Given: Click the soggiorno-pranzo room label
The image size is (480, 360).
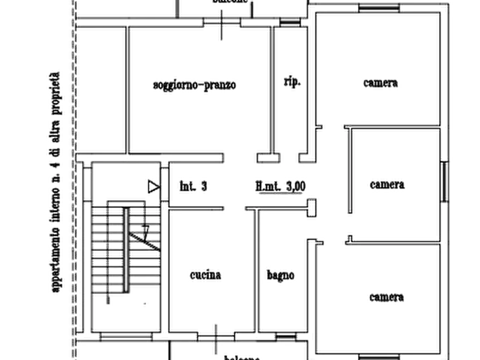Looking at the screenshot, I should pyautogui.click(x=195, y=85).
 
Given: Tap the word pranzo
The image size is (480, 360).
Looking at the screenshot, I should pyautogui.click(x=219, y=85).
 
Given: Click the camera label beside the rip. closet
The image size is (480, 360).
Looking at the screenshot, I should pyautogui.click(x=380, y=83).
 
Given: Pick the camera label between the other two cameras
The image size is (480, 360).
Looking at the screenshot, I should pyautogui.click(x=386, y=184).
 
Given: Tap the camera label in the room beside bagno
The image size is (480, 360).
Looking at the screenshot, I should pyautogui.click(x=386, y=297).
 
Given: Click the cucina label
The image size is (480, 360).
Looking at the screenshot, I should pyautogui.click(x=205, y=276).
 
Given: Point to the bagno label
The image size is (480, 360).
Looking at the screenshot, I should pyautogui.click(x=280, y=275).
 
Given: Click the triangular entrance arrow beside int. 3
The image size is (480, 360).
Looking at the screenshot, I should pyautogui.click(x=154, y=187).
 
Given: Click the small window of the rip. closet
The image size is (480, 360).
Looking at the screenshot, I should pyautogui.click(x=291, y=23).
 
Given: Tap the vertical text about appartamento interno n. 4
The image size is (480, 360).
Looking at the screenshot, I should pyautogui.click(x=56, y=183).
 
